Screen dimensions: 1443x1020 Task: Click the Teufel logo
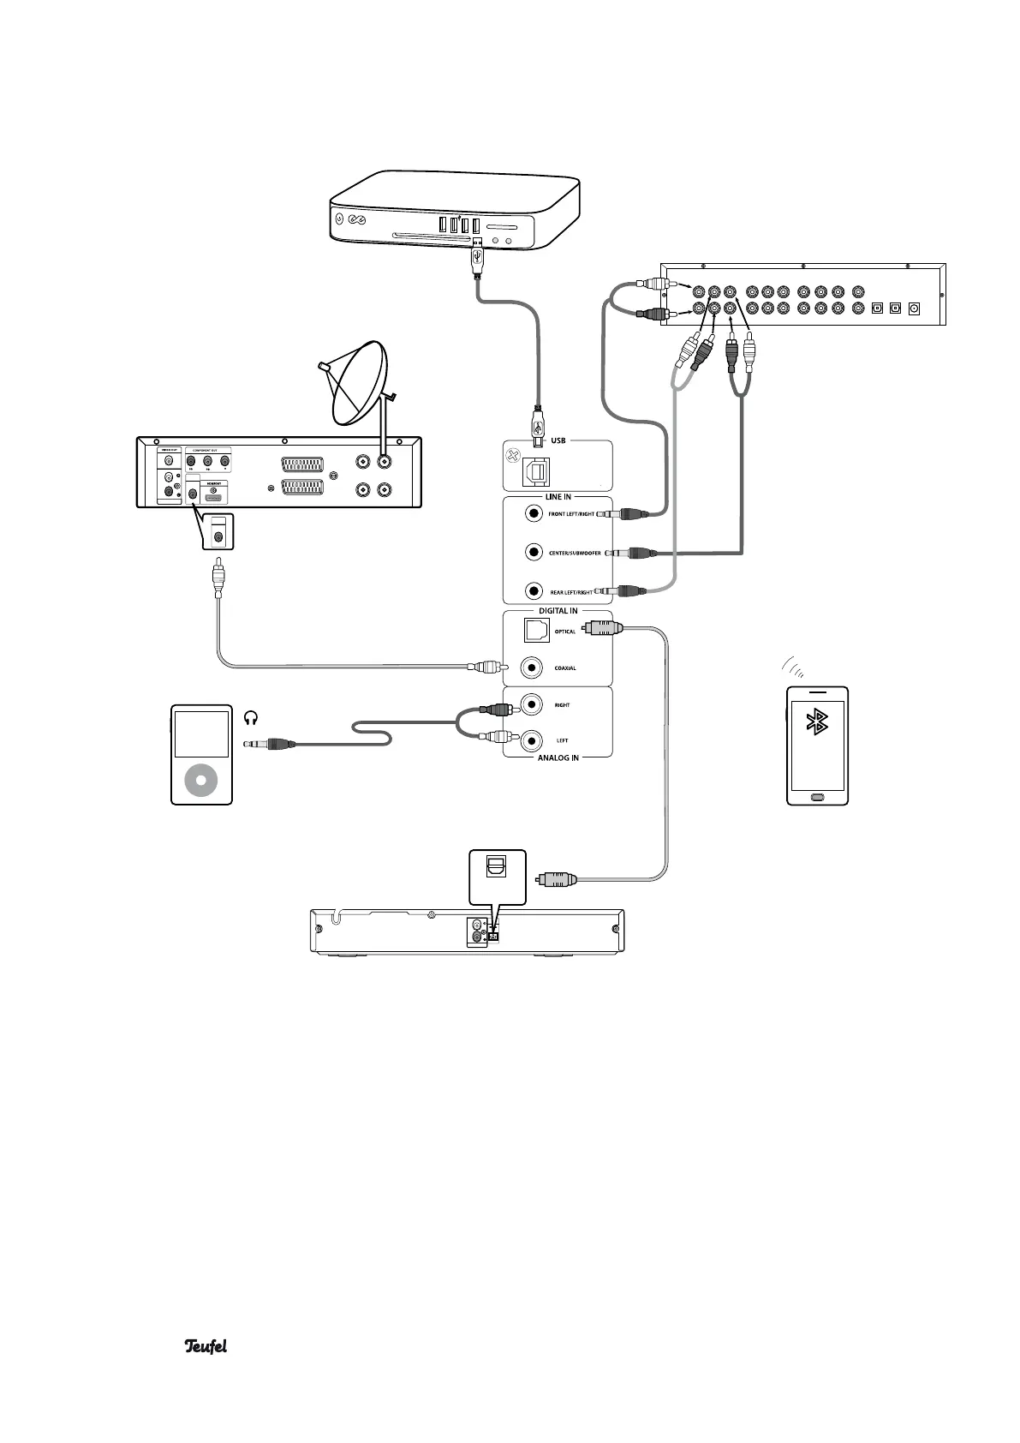pos(206,1346)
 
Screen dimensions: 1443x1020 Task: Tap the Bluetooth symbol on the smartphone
pos(818,723)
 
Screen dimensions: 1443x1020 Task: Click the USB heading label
pos(558,440)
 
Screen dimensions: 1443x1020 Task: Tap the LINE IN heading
pos(558,497)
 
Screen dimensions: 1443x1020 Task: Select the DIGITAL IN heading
pos(558,611)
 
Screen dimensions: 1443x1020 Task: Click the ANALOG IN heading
pos(558,757)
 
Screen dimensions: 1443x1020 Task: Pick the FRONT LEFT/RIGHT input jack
pos(534,513)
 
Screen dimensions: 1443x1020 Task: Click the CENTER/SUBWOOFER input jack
pos(534,553)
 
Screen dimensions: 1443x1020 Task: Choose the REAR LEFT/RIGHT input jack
pos(534,591)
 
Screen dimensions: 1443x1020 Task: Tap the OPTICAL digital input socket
pos(537,631)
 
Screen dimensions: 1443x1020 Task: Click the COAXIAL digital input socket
pos(534,668)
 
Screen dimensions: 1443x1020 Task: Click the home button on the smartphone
pos(817,797)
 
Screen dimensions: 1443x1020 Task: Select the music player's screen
pos(201,733)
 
